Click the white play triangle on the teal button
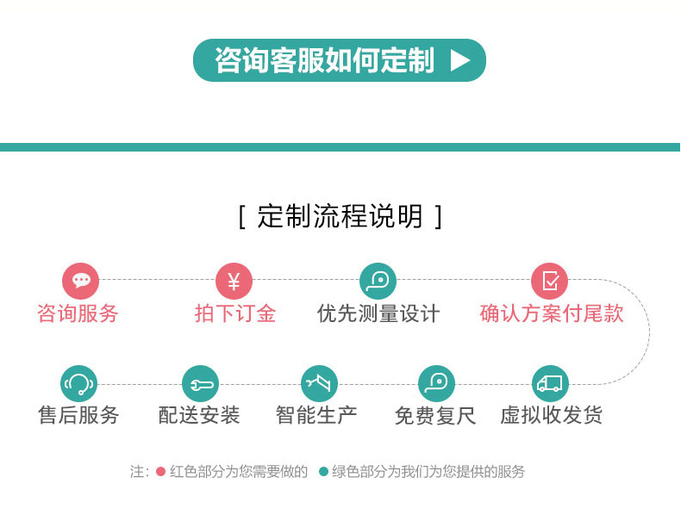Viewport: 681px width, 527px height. click(459, 60)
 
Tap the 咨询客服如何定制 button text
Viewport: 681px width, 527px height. click(324, 60)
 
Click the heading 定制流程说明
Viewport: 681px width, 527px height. click(340, 216)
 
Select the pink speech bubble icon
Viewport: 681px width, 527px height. click(80, 281)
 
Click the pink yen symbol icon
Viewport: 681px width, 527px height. click(234, 281)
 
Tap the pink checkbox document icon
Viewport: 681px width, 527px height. click(549, 281)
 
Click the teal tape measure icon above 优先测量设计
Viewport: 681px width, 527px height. click(378, 281)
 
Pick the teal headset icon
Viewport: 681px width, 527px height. click(78, 383)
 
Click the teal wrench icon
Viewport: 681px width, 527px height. click(200, 383)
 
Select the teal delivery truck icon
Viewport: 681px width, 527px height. click(550, 383)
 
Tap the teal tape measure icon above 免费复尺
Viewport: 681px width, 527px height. click(436, 383)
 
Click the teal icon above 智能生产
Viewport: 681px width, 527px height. click(319, 383)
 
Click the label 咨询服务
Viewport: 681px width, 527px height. click(78, 313)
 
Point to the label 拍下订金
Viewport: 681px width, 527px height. click(235, 313)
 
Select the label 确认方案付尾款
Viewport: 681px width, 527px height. click(552, 313)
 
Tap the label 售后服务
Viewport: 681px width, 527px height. click(78, 415)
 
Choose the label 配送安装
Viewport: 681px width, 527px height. click(199, 415)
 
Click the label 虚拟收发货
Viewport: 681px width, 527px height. click(551, 415)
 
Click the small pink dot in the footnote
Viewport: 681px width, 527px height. click(160, 472)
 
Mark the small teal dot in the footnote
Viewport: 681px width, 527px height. click(323, 472)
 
